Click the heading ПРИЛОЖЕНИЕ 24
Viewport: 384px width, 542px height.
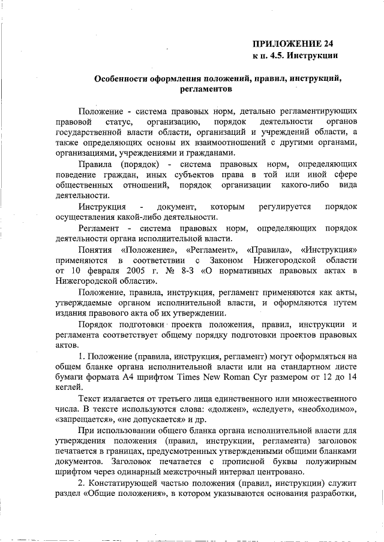pos(292,44)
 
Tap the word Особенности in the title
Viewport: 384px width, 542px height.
pos(124,78)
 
